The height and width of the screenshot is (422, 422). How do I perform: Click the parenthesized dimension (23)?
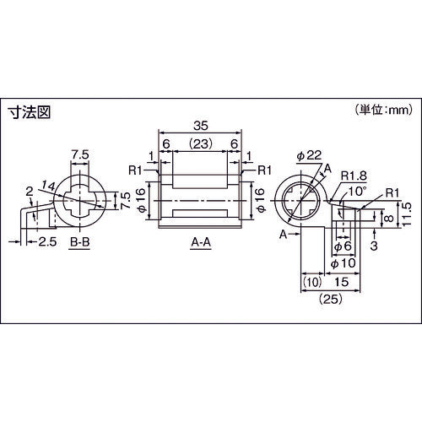pos(200,144)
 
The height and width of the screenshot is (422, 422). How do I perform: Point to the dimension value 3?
pos(374,246)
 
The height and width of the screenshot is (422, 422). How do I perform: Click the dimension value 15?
pos(343,282)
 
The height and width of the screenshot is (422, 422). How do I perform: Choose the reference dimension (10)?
pos(311,282)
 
